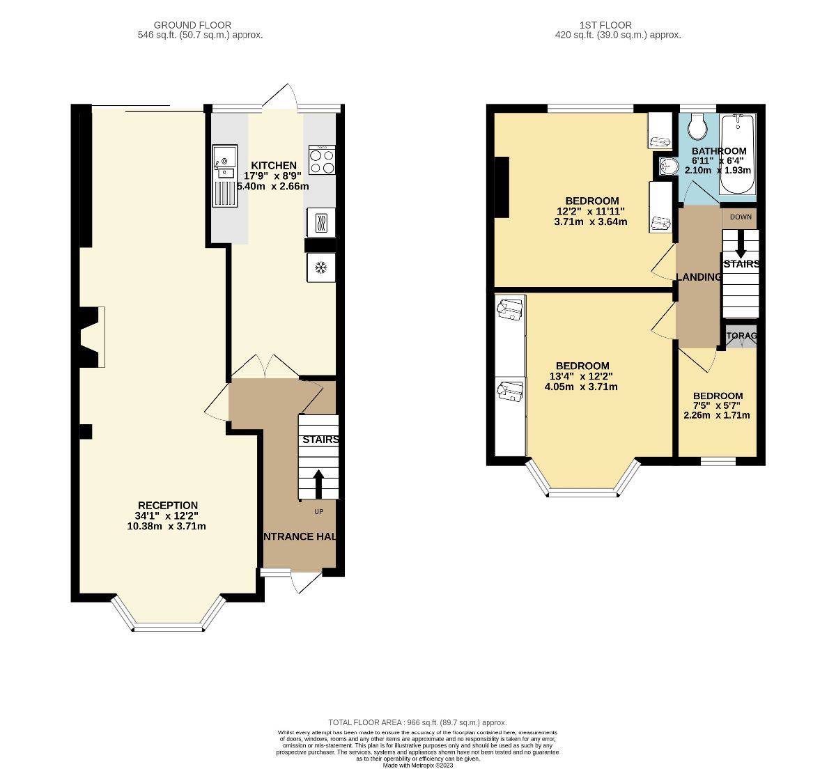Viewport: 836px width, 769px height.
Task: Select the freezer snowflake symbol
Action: (x=320, y=267)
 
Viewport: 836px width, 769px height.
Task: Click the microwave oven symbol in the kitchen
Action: (x=320, y=224)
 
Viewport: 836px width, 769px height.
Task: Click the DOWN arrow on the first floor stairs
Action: (x=740, y=244)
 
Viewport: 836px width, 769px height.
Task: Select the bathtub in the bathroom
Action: (x=738, y=155)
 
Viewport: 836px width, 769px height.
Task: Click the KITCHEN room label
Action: (x=274, y=165)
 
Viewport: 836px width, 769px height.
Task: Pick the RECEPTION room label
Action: (x=167, y=505)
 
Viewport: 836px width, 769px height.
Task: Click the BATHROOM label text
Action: (x=718, y=150)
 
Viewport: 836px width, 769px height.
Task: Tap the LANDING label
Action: (x=698, y=277)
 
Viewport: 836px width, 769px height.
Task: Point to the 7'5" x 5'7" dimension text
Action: (x=717, y=405)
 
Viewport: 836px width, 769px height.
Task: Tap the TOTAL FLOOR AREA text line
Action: (x=417, y=722)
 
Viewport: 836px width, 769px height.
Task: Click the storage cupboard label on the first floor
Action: (x=741, y=336)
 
